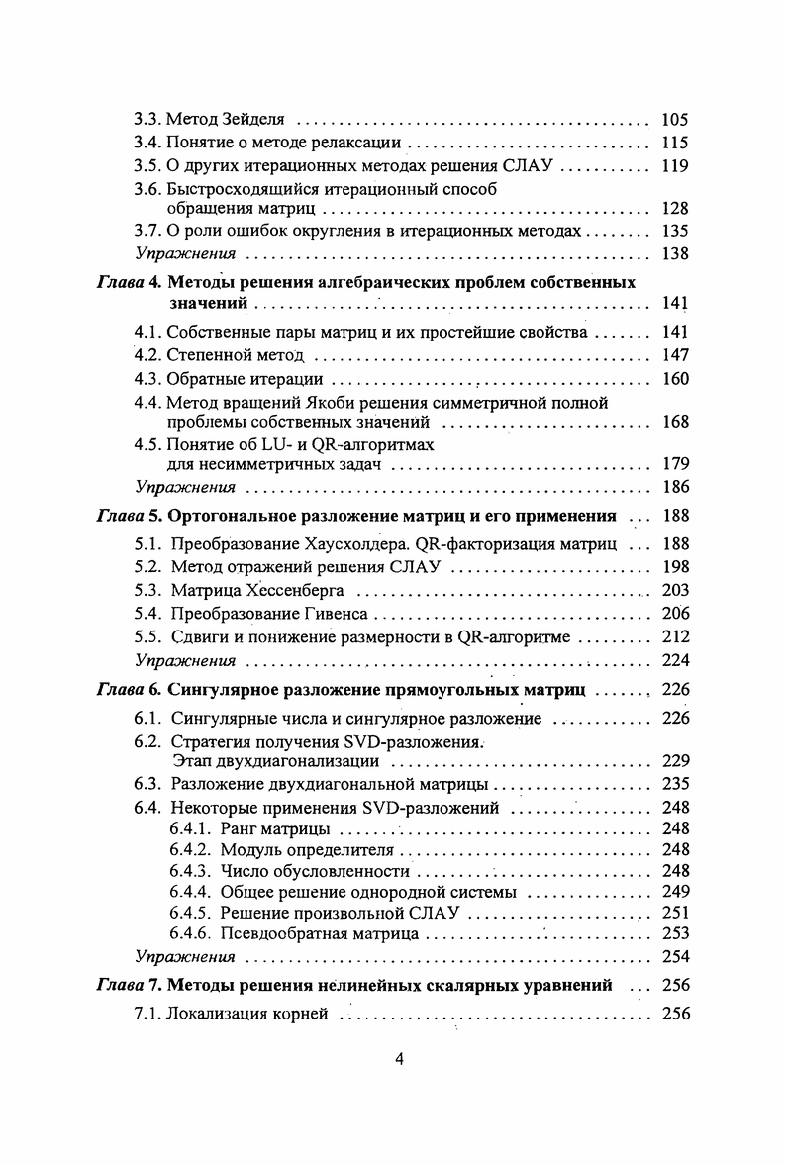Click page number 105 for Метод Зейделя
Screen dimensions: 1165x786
coord(673,119)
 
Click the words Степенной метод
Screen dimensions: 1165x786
coord(237,355)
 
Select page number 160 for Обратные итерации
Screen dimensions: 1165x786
coord(673,379)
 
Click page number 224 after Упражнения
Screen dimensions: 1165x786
coord(673,660)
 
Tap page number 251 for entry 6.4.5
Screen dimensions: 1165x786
coord(673,910)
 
